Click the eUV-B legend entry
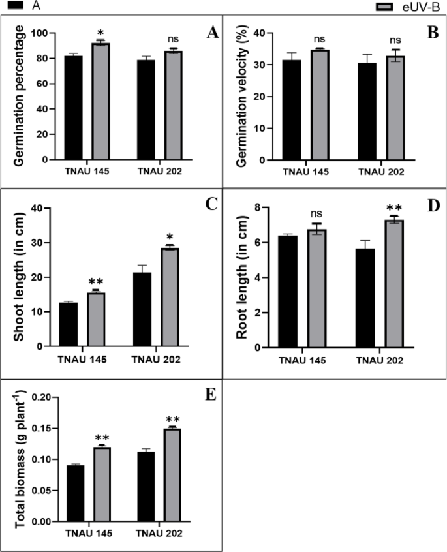coord(408,6)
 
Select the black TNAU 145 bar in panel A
coord(73,108)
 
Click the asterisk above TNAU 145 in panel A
coord(100,33)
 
